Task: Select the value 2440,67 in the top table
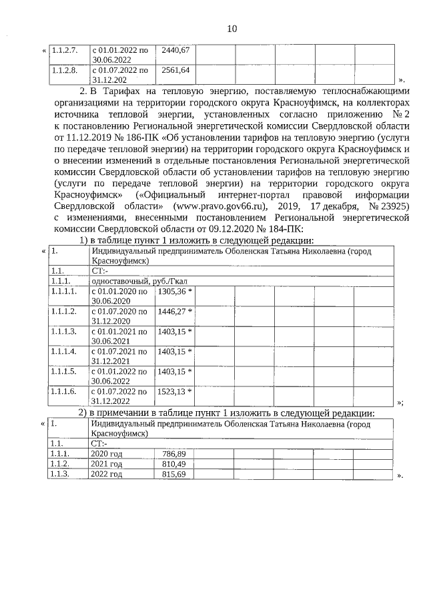click(x=175, y=50)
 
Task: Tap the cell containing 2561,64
click(x=175, y=69)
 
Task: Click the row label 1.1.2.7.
click(x=65, y=50)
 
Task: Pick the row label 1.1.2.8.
click(x=65, y=69)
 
